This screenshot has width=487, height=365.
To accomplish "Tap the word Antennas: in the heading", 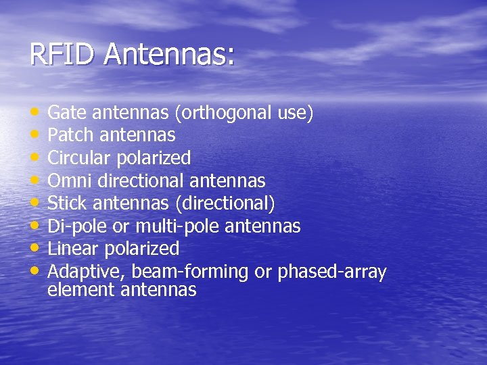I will tap(168, 55).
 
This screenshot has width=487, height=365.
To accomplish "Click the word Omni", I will tap(68, 181).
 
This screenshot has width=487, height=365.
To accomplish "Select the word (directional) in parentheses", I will tap(228, 203).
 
